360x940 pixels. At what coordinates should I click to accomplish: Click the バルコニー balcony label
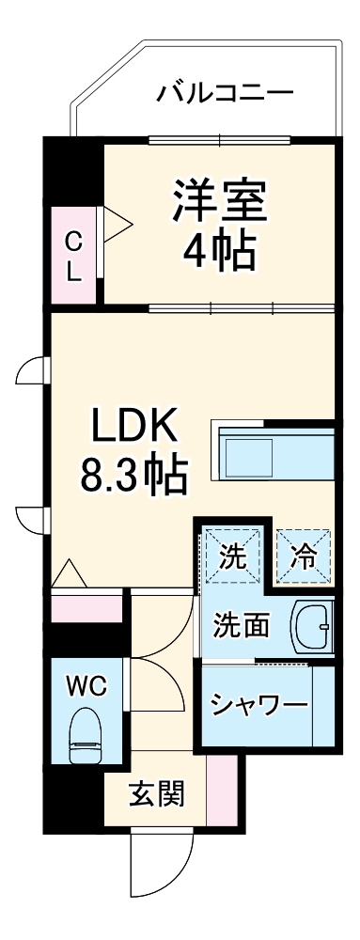click(226, 93)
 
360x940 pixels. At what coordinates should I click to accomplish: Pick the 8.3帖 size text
click(133, 478)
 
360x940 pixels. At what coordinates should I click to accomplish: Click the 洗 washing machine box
click(232, 556)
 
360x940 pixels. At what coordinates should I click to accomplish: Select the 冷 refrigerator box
click(303, 556)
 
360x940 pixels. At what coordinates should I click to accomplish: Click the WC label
click(85, 685)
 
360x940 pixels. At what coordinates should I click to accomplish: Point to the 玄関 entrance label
click(155, 795)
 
